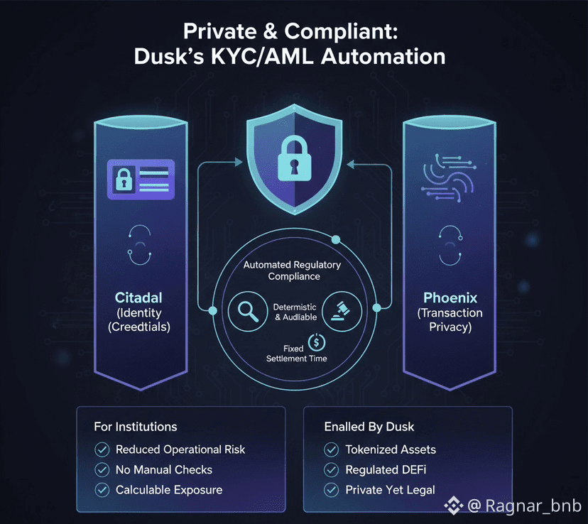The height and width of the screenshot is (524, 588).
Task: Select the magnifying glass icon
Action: (x=246, y=311)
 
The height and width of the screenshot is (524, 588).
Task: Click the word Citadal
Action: (x=140, y=296)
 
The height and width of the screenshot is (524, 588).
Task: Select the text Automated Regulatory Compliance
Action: (x=292, y=271)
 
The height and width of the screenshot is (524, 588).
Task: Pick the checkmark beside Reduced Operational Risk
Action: (x=102, y=449)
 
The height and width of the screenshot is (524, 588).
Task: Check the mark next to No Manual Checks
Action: (x=102, y=469)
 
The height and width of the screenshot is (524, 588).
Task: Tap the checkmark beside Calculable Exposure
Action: (x=102, y=490)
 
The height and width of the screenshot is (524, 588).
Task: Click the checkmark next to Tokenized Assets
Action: (x=332, y=449)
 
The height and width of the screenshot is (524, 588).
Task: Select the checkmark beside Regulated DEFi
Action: (x=332, y=469)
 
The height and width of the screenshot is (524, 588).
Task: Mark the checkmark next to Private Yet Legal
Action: (x=332, y=490)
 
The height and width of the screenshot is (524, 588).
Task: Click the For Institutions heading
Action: (x=136, y=427)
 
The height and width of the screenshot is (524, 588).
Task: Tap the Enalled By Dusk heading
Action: (x=370, y=427)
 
